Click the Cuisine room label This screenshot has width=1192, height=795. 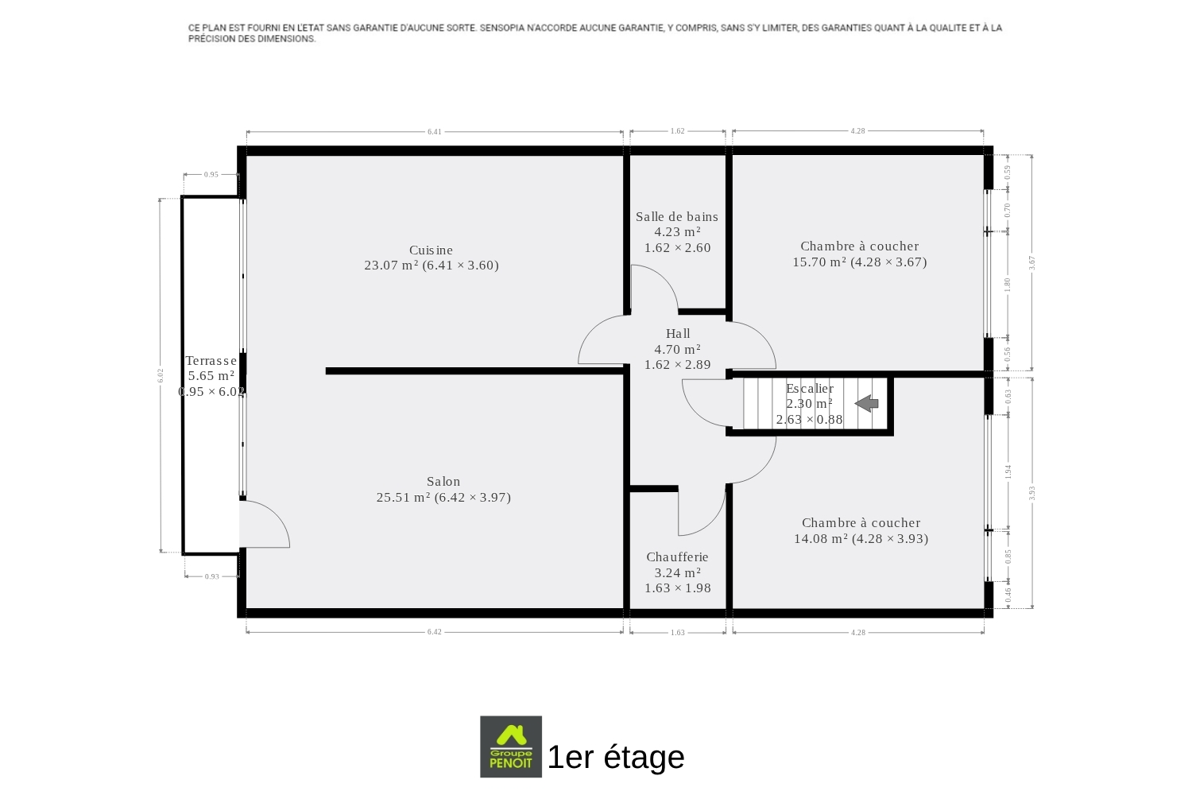(x=431, y=250)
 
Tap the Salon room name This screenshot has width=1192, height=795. (x=443, y=481)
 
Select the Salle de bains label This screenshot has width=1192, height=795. (x=677, y=217)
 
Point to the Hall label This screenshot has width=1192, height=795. (x=678, y=333)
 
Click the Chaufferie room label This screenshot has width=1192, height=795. (x=677, y=557)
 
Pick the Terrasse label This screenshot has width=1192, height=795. (x=211, y=360)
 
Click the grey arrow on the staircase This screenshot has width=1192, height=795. (x=866, y=403)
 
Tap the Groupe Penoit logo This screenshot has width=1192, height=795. (x=511, y=747)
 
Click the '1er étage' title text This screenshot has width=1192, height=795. (x=616, y=757)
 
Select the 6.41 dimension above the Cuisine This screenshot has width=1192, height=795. (x=434, y=131)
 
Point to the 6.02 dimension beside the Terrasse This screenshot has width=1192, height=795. (x=161, y=375)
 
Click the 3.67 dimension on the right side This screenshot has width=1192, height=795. (x=1031, y=262)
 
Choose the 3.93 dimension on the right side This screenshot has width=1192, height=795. (x=1031, y=493)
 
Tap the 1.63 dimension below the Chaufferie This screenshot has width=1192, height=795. (x=677, y=633)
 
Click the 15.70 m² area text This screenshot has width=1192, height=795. (x=819, y=262)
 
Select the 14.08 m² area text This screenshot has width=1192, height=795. (x=821, y=538)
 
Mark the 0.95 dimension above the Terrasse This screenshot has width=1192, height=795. (x=211, y=175)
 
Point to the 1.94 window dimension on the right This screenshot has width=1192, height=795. (x=1008, y=471)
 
